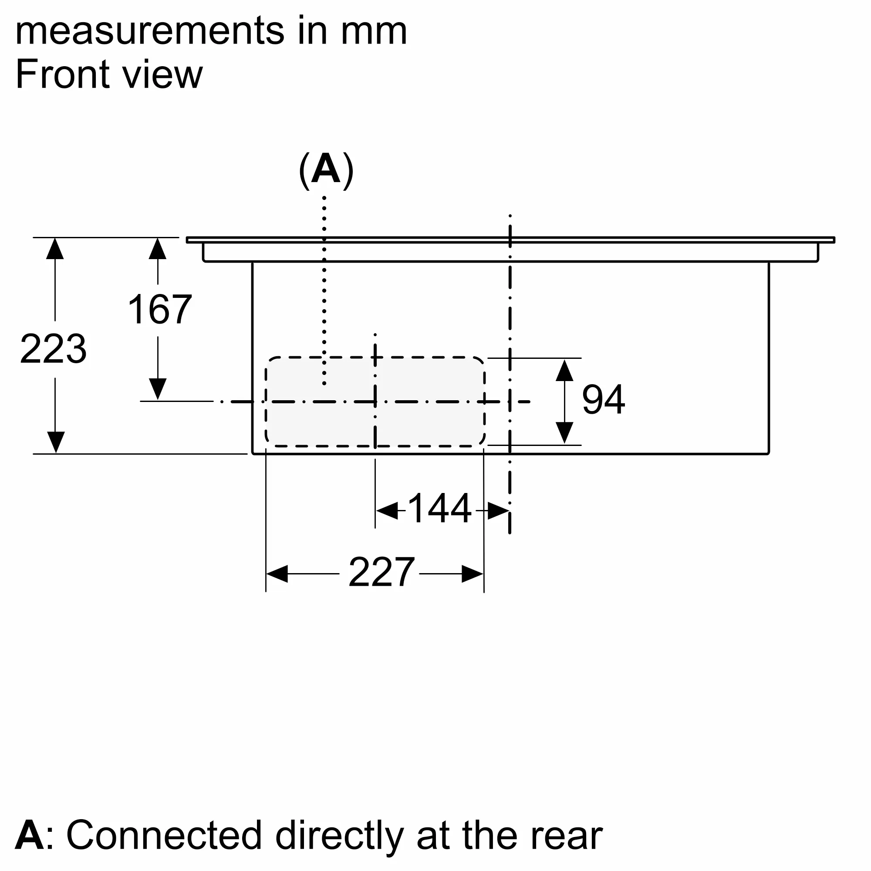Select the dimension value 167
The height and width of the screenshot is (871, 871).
[159, 309]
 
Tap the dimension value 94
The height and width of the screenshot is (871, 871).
[603, 400]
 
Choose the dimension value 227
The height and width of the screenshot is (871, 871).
[381, 572]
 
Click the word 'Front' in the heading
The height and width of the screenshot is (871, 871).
[62, 74]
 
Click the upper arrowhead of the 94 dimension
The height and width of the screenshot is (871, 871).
[564, 371]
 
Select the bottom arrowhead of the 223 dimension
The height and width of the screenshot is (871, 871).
[55, 442]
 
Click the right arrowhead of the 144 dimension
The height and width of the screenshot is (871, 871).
[498, 511]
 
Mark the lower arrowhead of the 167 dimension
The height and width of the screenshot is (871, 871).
[157, 388]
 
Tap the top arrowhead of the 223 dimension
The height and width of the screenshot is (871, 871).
[55, 249]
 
